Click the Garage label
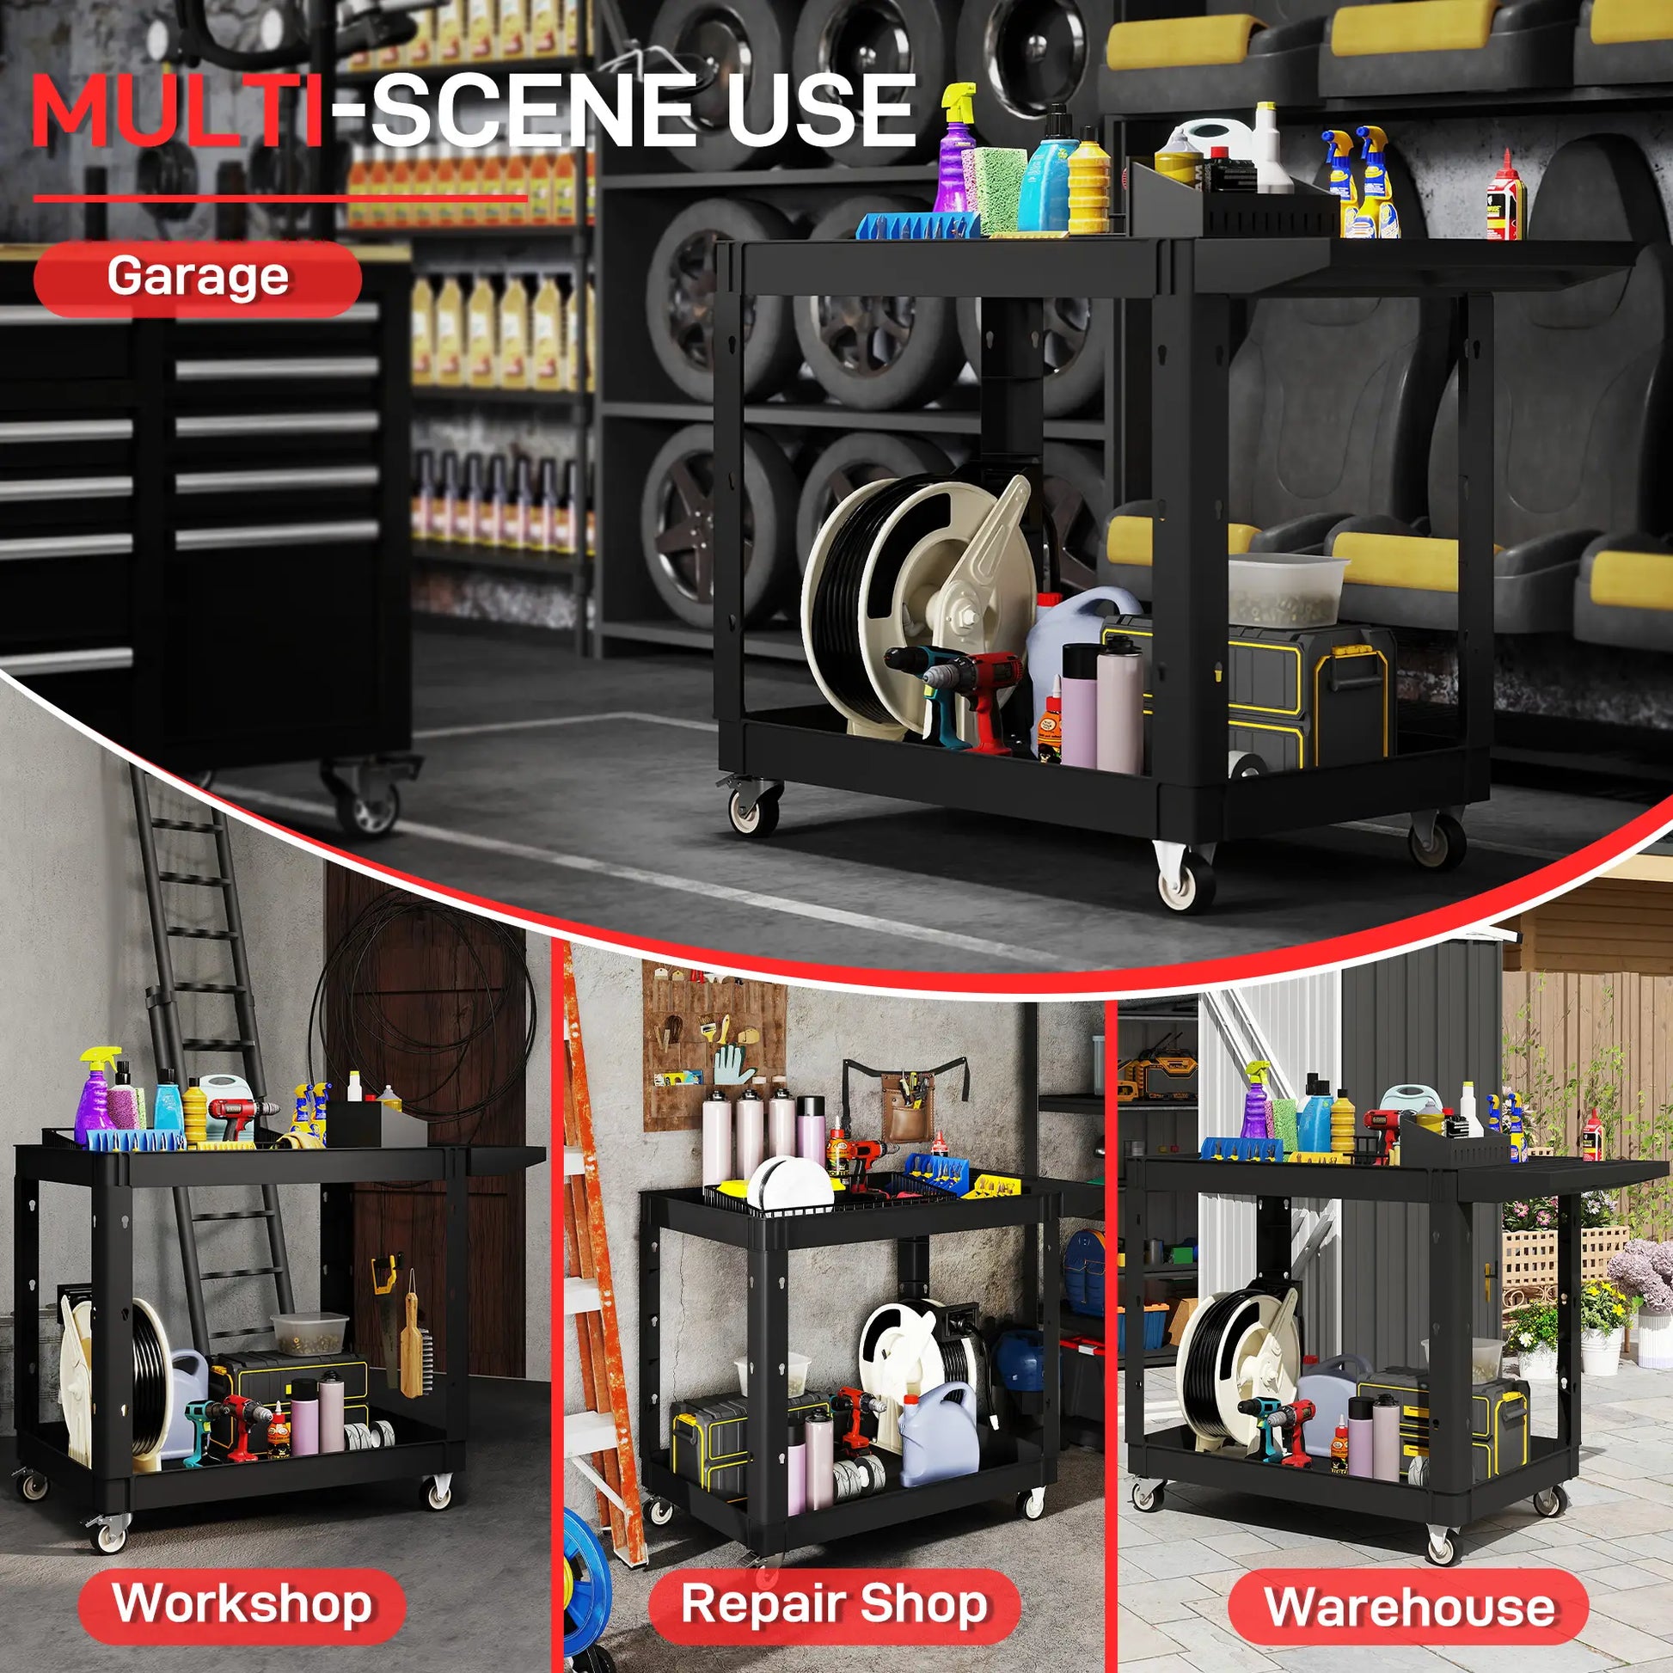(198, 277)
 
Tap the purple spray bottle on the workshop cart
(95, 1095)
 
